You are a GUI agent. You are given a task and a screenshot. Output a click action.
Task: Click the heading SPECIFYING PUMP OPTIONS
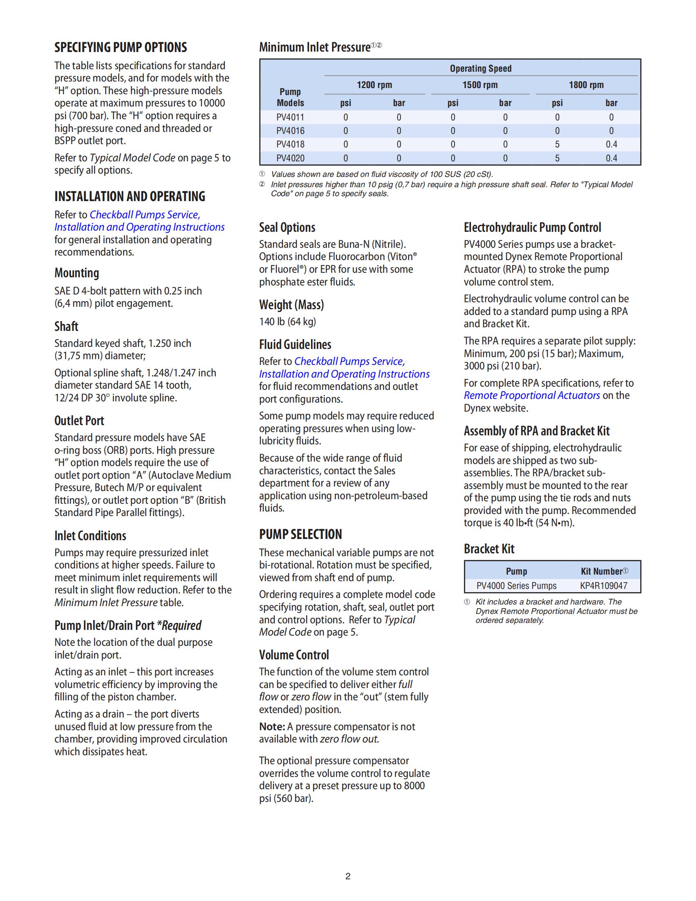coord(120,48)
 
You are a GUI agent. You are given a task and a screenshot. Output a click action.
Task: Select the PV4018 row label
coord(290,145)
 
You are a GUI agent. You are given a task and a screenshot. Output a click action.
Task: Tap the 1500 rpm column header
coord(480,85)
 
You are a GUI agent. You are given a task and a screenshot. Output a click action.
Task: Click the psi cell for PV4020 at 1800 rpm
coord(557,158)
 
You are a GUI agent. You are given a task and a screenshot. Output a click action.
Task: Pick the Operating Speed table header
coord(480,68)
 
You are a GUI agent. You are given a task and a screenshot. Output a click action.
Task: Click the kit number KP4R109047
coord(603,586)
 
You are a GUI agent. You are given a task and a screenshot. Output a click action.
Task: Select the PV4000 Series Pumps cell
coord(516,586)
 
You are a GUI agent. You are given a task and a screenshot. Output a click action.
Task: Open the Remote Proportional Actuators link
coord(531,395)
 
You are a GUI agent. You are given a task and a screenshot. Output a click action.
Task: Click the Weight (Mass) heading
coord(292,305)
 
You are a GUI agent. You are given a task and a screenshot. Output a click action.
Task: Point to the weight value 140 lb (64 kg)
coord(287,322)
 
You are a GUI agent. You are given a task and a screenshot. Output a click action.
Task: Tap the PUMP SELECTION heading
coord(300,534)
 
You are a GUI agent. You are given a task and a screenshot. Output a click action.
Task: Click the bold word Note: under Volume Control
coord(272,727)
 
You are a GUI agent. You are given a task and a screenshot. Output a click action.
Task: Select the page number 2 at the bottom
coord(348,876)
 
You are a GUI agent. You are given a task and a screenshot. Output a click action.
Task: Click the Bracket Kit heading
coord(489,549)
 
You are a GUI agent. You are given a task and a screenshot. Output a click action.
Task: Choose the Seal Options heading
coord(287,227)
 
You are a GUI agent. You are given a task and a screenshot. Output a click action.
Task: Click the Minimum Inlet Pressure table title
coord(314,48)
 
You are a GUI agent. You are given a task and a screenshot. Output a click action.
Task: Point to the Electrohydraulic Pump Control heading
coord(532,227)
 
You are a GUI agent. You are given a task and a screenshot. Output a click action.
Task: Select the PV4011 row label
coord(290,117)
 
